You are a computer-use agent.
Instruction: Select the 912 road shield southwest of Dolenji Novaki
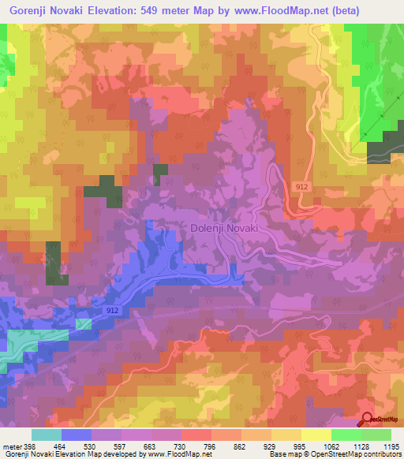(114, 312)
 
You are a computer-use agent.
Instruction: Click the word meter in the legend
(12, 447)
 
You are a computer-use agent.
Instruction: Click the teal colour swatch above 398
(46, 435)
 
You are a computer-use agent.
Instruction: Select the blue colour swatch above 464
(76, 435)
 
